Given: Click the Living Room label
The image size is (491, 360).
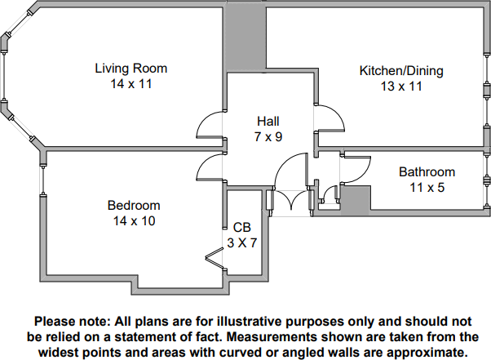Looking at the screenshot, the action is point(130,68).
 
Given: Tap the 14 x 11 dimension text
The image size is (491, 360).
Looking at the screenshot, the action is point(130,83).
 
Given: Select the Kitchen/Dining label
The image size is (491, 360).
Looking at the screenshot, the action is point(401,71).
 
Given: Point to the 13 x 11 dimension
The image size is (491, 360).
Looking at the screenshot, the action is point(401,87).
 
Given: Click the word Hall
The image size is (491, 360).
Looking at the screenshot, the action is point(268,122).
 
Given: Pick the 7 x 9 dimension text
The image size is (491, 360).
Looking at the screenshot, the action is point(268,136).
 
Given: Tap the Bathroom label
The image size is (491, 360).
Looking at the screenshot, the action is point(427,172).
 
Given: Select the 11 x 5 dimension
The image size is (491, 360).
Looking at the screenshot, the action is point(427,187).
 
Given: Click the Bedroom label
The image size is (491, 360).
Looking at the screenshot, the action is point(134,205).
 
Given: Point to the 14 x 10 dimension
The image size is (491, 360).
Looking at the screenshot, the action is point(134,220).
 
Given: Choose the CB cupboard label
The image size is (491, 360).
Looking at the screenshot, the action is point(241,227).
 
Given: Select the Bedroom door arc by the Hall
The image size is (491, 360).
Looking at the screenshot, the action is point(210,167).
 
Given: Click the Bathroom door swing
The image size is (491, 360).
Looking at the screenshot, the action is point(356,167).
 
